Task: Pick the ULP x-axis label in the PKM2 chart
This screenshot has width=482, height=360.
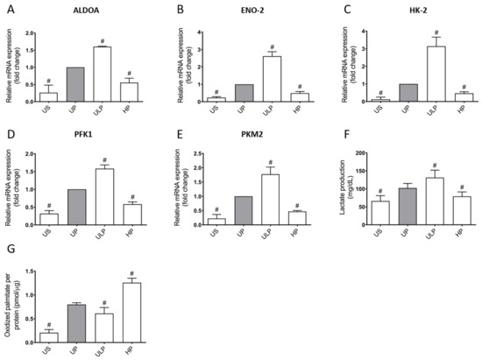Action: pyautogui.click(x=251, y=231)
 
